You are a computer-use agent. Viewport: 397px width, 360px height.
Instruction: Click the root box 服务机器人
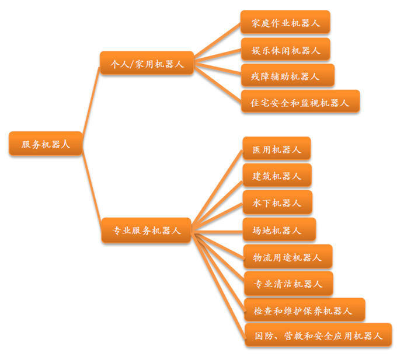pos(46,143)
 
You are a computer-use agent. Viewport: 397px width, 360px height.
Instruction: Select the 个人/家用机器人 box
pos(147,63)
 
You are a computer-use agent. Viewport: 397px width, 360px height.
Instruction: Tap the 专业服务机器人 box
pos(146,230)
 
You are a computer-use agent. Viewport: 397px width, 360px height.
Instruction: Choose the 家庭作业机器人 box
pos(285,22)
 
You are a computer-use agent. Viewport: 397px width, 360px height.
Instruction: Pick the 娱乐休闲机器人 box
pos(285,50)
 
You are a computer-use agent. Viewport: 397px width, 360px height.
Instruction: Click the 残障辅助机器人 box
pos(288,75)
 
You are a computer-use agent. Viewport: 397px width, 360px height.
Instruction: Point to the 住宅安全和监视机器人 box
pos(300,101)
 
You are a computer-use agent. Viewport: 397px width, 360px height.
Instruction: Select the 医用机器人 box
pos(277,149)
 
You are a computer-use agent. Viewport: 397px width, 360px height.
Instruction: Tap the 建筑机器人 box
pos(277,175)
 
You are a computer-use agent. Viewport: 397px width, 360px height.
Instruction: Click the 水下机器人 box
pos(277,202)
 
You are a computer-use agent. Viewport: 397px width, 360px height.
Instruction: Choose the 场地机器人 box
pos(279,229)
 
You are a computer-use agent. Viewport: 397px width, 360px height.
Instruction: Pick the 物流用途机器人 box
pos(288,256)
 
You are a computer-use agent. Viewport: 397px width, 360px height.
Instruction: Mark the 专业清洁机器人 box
pos(288,283)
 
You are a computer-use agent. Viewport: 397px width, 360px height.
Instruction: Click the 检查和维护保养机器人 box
pos(304,310)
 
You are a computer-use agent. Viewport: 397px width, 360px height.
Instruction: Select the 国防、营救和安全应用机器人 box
pos(318,335)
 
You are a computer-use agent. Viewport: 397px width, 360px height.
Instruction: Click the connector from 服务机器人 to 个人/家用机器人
pos(91,100)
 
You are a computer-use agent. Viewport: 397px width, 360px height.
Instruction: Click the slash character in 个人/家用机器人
pos(132,64)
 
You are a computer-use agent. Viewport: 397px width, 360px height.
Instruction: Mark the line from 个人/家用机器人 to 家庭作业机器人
pos(217,41)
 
